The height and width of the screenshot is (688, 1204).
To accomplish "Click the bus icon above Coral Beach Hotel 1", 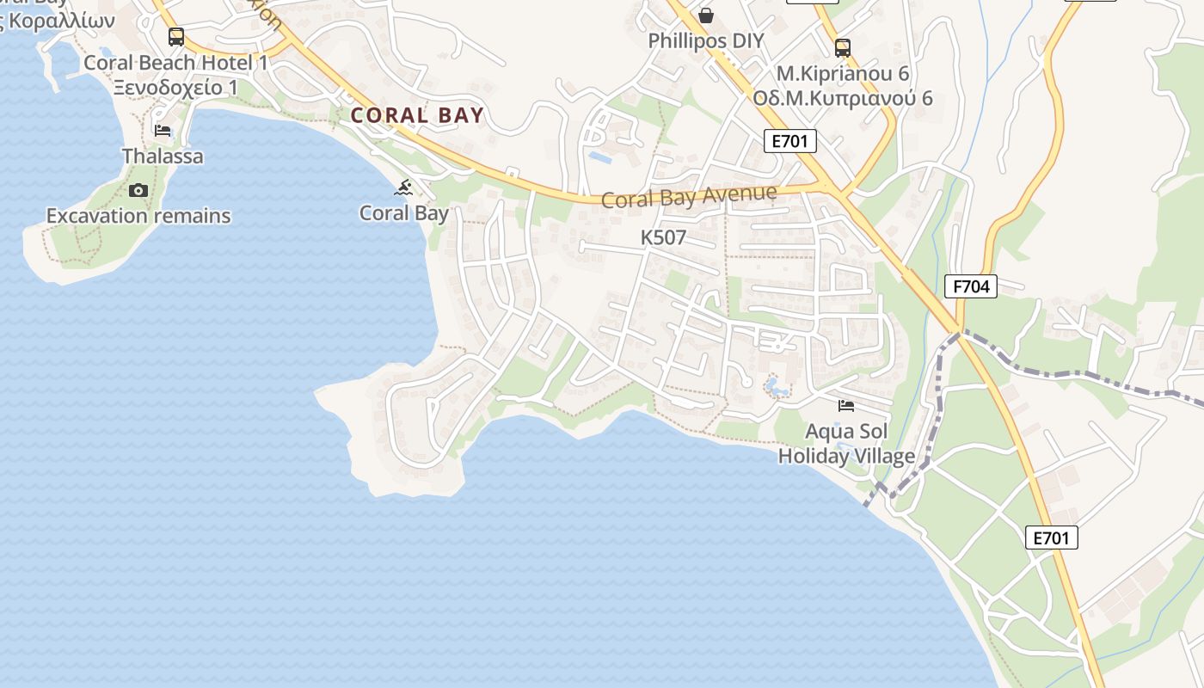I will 175,37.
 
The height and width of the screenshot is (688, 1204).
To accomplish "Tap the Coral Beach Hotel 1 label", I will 176,63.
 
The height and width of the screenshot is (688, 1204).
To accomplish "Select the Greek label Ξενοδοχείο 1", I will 175,87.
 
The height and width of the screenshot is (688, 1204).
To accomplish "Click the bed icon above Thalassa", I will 163,131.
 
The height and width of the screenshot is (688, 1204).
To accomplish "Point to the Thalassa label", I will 163,156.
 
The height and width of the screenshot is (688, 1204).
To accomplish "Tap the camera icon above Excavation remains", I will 138,190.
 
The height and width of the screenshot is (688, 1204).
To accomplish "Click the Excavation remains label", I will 138,215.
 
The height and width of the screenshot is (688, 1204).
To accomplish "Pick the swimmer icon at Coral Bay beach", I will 404,187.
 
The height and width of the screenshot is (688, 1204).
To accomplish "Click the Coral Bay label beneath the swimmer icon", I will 404,212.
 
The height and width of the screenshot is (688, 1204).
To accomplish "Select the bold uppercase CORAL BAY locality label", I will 418,115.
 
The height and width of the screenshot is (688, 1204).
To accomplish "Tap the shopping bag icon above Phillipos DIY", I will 706,15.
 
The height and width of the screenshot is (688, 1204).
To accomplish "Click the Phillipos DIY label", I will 706,40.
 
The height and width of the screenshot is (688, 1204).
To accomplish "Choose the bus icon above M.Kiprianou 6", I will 843,48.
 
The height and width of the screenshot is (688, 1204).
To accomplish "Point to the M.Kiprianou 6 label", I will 843,73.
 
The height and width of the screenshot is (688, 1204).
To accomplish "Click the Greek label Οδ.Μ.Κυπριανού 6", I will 843,97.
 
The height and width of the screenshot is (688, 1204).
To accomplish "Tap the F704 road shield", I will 971,286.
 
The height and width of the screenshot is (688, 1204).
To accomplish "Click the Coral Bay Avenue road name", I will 689,197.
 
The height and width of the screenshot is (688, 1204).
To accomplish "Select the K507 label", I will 663,237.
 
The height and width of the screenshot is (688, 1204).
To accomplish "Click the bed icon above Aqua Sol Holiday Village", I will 846,405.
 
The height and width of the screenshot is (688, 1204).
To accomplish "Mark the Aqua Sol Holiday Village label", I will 846,443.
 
